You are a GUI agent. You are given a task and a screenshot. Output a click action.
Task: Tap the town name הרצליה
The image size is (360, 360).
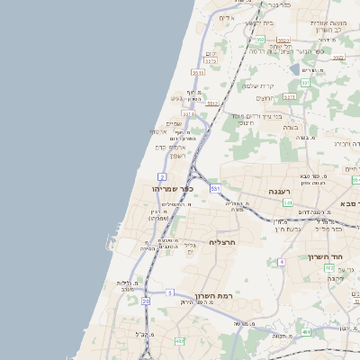pos(221,242)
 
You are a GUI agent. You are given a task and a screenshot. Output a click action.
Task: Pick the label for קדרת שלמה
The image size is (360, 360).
pos(258,85)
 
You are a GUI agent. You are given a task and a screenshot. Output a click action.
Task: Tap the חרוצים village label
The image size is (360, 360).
pos(265,98)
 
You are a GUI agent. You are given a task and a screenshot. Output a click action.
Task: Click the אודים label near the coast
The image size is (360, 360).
pos(226,18)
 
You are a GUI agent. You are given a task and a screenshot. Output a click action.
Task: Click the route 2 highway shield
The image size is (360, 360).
pos(162,175)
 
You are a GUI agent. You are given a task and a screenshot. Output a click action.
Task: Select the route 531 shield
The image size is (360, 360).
pos(215,188)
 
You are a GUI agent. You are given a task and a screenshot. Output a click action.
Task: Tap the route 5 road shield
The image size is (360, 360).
pos(169,292)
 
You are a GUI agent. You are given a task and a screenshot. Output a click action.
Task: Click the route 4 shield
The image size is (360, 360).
pos(281,261)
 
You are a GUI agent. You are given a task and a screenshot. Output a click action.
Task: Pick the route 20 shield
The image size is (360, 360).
pos(146,301)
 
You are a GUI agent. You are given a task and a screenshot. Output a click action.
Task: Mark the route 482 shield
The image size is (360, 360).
pos(179,341)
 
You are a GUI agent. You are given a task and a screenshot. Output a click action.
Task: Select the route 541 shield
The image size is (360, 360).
pos(288,203)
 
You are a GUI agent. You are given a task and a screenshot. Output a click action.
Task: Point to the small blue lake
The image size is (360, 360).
pos(295,67)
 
